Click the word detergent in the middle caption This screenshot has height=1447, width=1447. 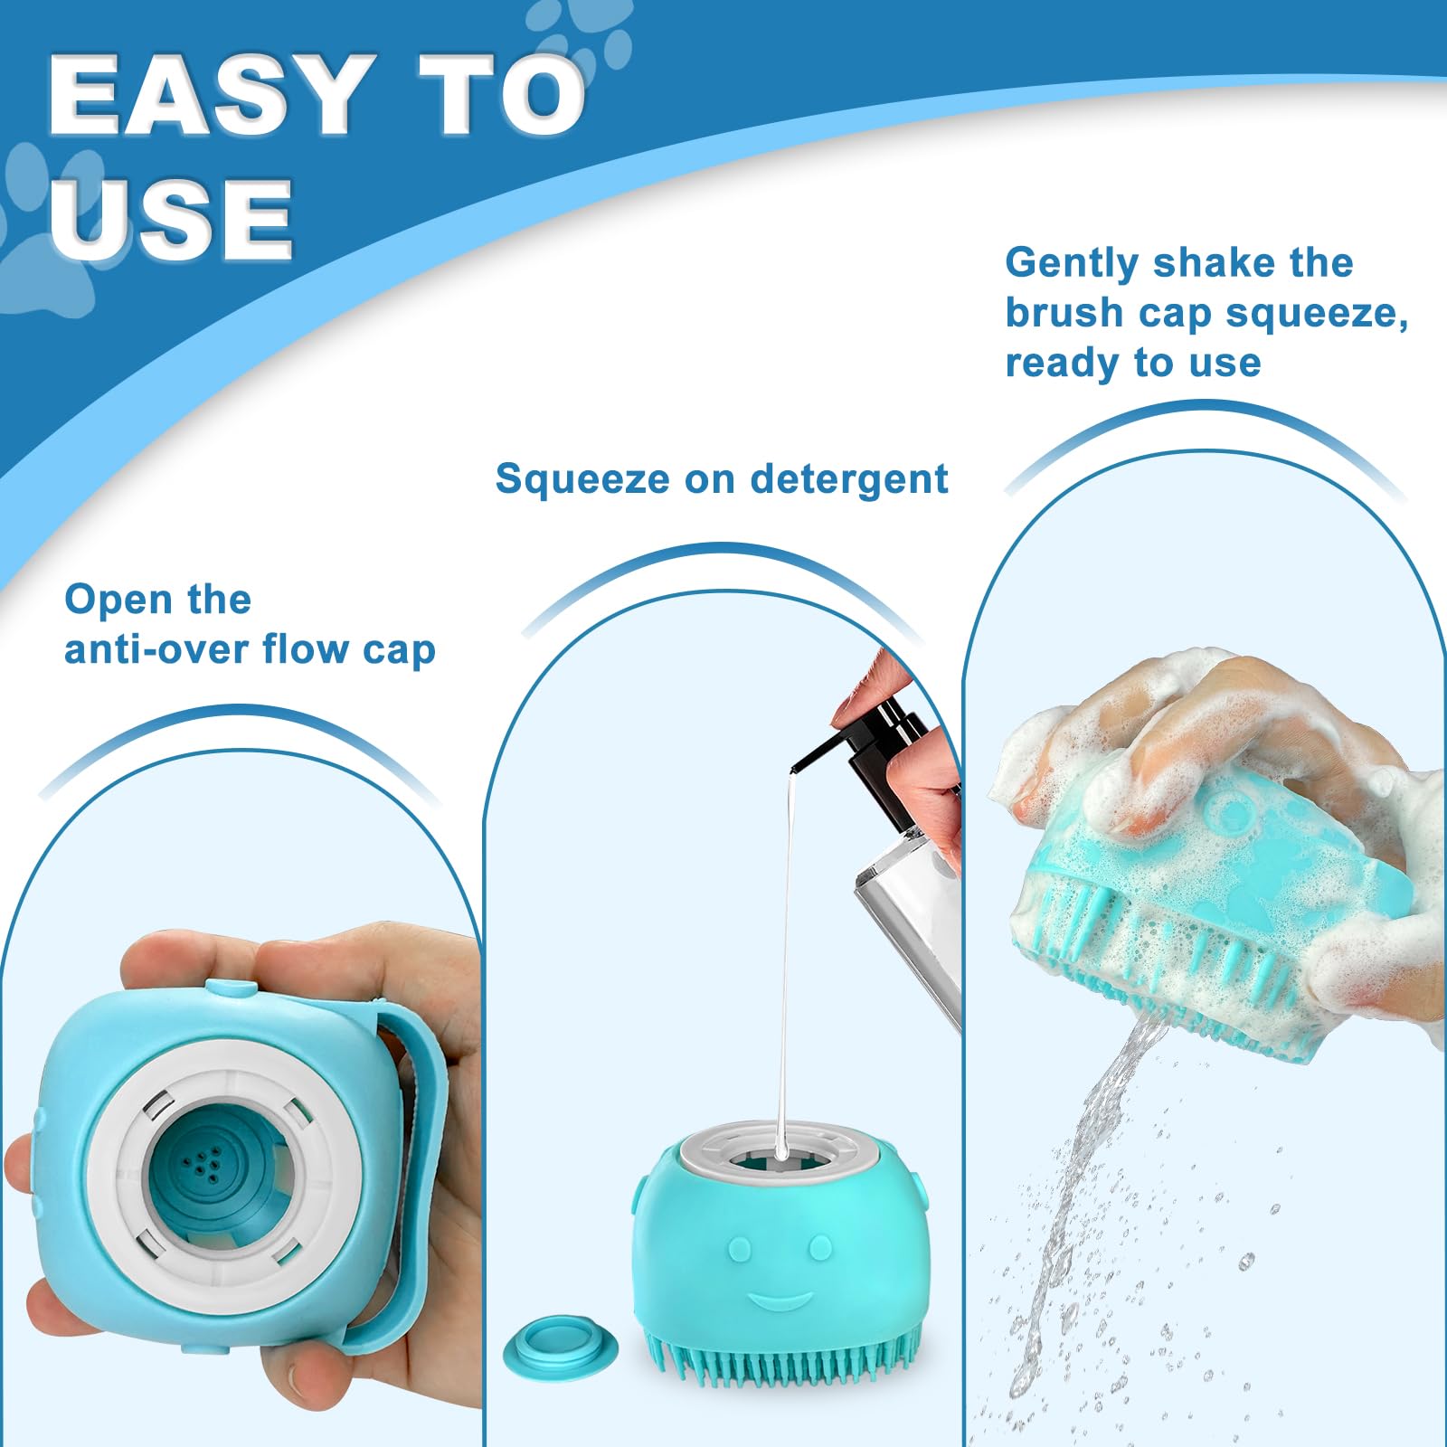[849, 478]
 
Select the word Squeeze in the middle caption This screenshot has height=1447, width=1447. [582, 478]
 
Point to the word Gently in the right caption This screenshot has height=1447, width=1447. [1072, 263]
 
